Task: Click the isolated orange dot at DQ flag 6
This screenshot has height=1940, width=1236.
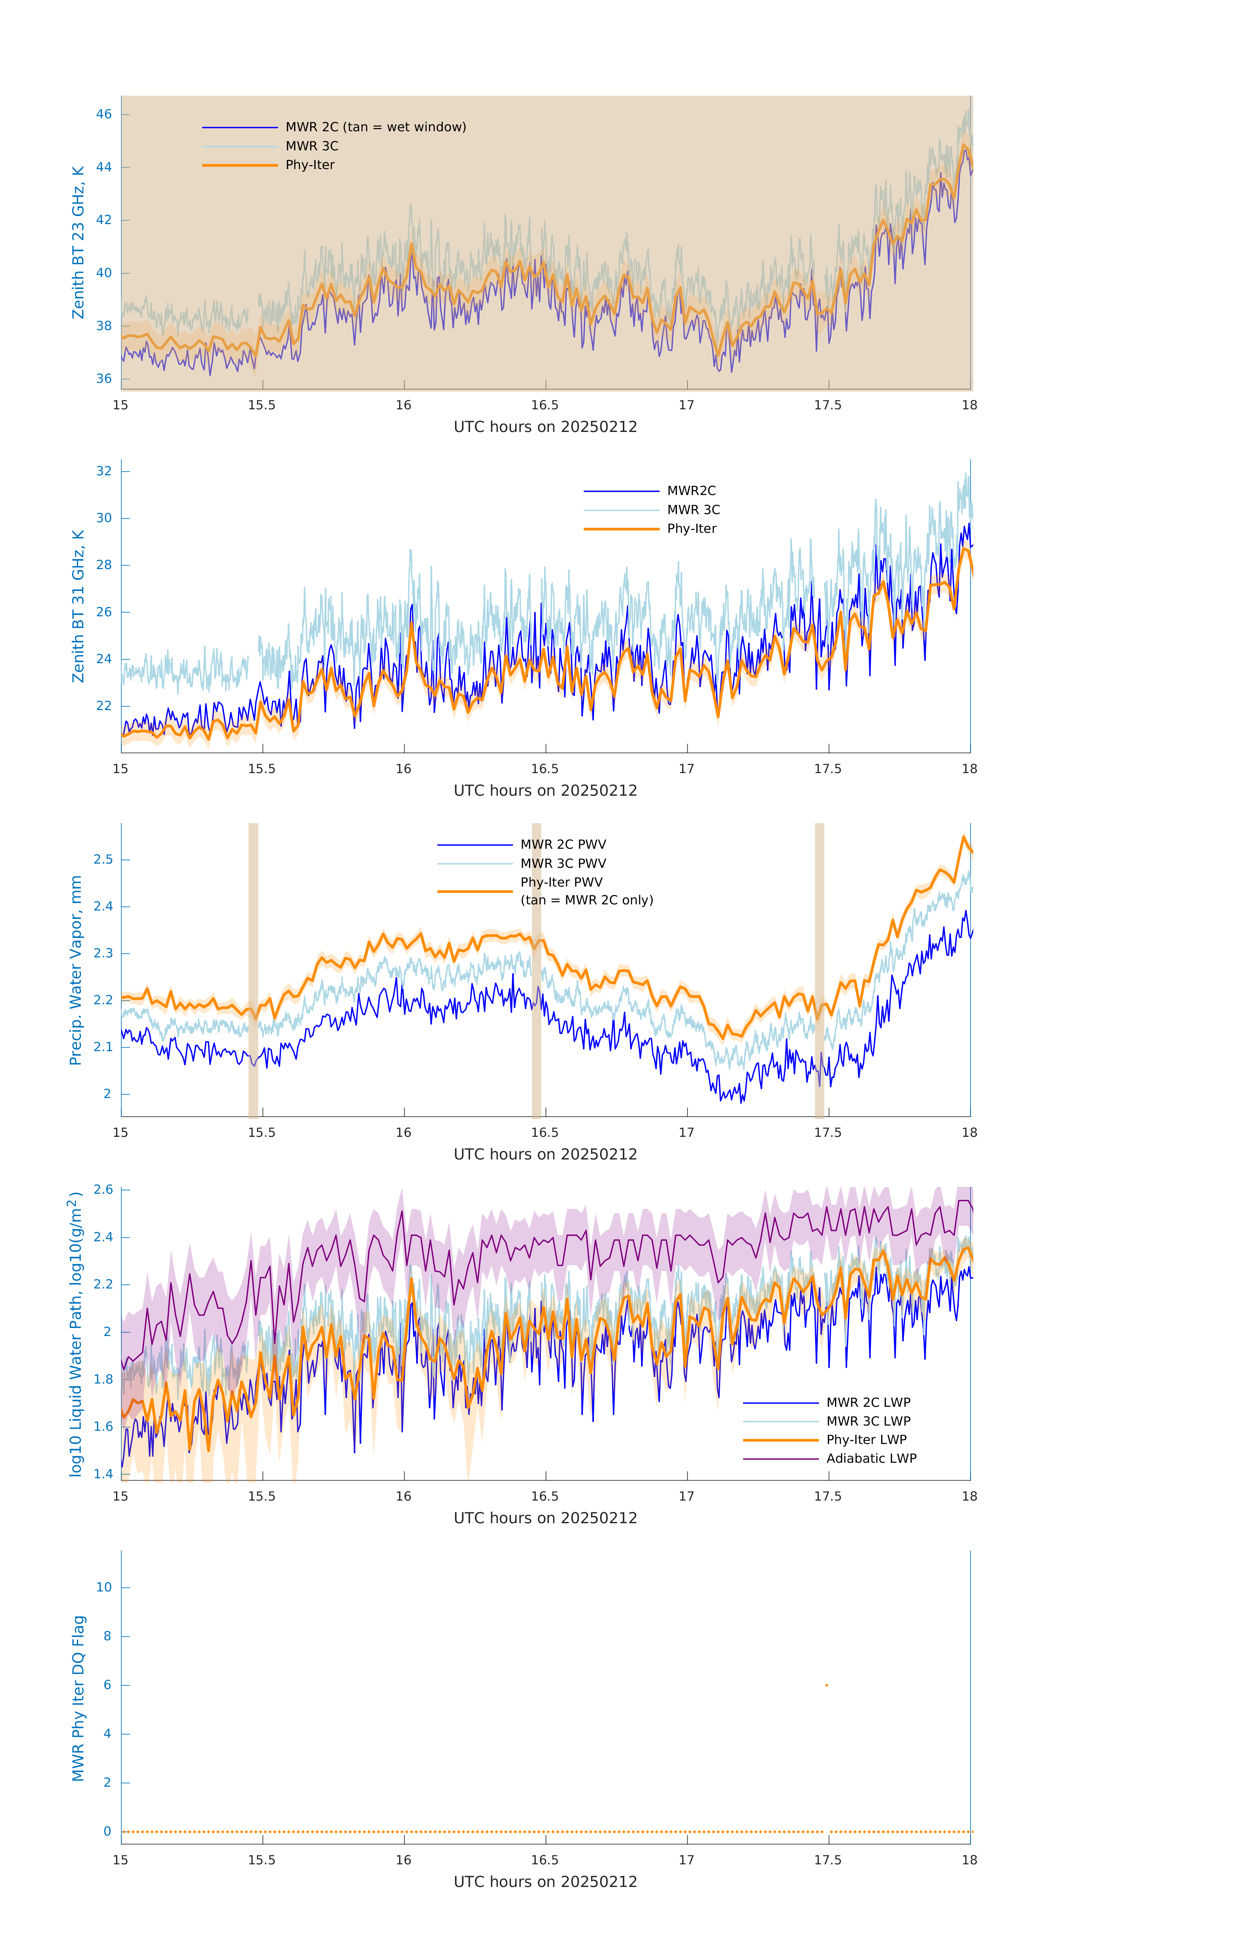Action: click(826, 1685)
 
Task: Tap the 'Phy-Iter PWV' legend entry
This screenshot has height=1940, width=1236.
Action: click(561, 882)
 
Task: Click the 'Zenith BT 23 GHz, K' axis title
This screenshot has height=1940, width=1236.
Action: click(78, 242)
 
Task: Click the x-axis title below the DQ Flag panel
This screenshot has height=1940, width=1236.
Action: click(545, 1882)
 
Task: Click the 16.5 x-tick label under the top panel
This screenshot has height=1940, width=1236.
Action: click(545, 405)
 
